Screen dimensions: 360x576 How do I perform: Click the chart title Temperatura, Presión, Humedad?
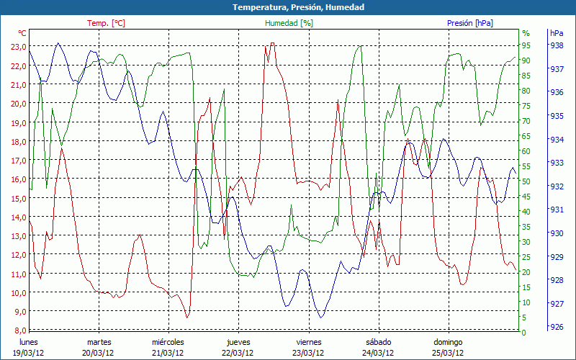coord(288,7)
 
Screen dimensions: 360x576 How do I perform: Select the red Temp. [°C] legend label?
coord(106,23)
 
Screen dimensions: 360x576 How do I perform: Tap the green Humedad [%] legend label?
coord(289,23)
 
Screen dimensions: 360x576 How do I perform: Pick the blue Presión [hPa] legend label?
coord(470,23)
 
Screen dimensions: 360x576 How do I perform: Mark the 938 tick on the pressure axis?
coord(556,45)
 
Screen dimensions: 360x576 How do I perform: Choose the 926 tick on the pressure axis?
coord(556,328)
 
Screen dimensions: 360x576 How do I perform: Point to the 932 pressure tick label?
coord(556,186)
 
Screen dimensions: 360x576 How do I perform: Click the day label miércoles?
coord(168,342)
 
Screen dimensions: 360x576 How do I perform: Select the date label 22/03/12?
coord(238,353)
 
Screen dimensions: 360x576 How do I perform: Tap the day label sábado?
coord(379,342)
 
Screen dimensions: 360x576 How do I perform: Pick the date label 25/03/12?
coord(448,353)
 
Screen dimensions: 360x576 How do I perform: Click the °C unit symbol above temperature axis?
coord(22,33)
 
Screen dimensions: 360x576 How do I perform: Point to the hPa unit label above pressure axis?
coord(557,33)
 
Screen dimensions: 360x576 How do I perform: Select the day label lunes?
coord(28,342)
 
